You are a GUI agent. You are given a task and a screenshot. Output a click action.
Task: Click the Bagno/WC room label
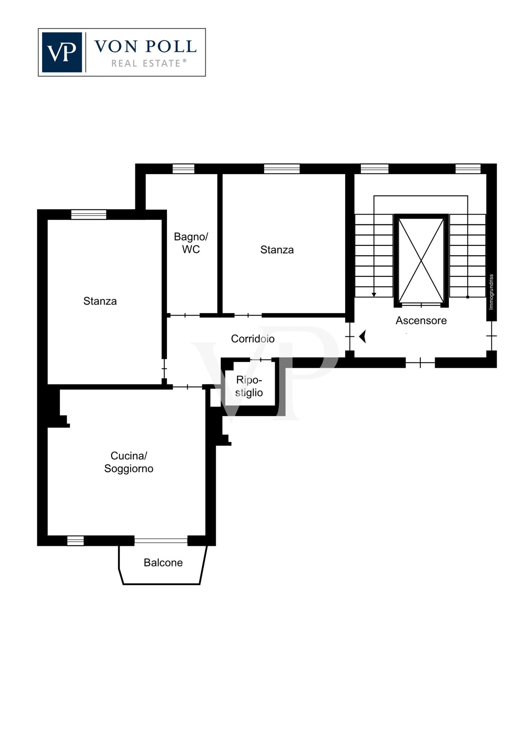point(191,243)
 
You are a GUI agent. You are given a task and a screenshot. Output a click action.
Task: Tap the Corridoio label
point(252,339)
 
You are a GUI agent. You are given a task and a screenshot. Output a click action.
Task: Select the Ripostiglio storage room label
point(249,386)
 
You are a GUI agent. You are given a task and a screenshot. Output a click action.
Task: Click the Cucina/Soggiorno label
point(129,462)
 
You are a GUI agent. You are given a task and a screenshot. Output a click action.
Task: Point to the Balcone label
point(163,562)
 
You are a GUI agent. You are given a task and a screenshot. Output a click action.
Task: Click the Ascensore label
point(421,321)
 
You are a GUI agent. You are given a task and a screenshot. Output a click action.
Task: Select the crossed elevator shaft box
point(421,261)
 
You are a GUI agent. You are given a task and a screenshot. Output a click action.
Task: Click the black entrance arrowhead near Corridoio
point(362,336)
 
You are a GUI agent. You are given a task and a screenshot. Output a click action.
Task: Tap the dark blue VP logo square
point(62,52)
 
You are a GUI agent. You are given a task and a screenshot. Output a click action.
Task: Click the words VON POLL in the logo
point(145,46)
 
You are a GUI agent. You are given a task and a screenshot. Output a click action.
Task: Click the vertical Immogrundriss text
point(491,292)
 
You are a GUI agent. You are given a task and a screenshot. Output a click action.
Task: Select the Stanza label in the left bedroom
point(100,301)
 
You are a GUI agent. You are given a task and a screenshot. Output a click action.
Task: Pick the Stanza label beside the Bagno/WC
point(277,250)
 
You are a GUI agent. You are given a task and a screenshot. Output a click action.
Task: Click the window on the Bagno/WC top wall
point(183,169)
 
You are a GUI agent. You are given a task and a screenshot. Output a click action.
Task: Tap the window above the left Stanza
point(89,214)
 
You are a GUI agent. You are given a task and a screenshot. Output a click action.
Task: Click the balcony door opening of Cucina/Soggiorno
point(161,540)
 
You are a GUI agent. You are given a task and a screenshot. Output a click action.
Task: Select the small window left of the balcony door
point(75,541)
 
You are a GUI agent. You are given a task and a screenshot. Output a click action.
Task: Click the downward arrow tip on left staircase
point(374,295)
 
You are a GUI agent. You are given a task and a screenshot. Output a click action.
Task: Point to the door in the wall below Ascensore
point(420,363)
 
